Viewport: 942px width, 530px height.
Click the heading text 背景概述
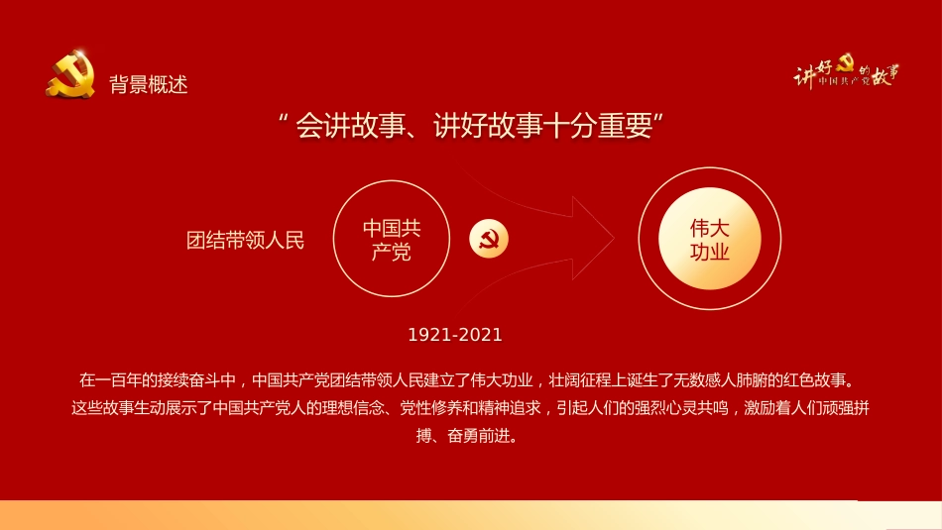(149, 84)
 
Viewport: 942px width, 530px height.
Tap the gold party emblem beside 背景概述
(70, 75)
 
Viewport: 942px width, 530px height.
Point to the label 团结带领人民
(246, 240)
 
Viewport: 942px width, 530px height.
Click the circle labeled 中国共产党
(392, 240)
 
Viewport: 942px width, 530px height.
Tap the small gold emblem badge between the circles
(489, 239)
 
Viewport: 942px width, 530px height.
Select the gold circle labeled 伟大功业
(710, 240)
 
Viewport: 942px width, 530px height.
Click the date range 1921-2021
(455, 335)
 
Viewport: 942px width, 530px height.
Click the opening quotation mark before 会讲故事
(284, 121)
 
